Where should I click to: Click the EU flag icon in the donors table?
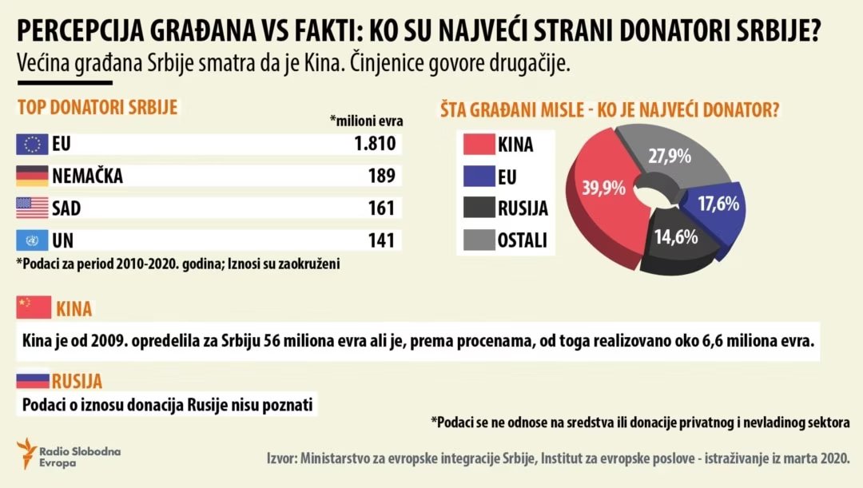[33, 145]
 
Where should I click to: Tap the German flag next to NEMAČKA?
[33, 176]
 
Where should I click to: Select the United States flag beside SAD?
[33, 208]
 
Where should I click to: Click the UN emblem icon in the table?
[33, 239]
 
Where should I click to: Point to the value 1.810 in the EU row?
[374, 145]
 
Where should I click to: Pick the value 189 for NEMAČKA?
[381, 176]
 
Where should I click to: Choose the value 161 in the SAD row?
[381, 208]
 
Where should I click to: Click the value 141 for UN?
[381, 239]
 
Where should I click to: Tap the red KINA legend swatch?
[478, 145]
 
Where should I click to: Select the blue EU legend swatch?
[478, 176]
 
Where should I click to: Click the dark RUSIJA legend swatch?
[478, 208]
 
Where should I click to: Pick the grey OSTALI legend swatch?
[478, 239]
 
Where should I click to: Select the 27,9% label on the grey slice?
[669, 156]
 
